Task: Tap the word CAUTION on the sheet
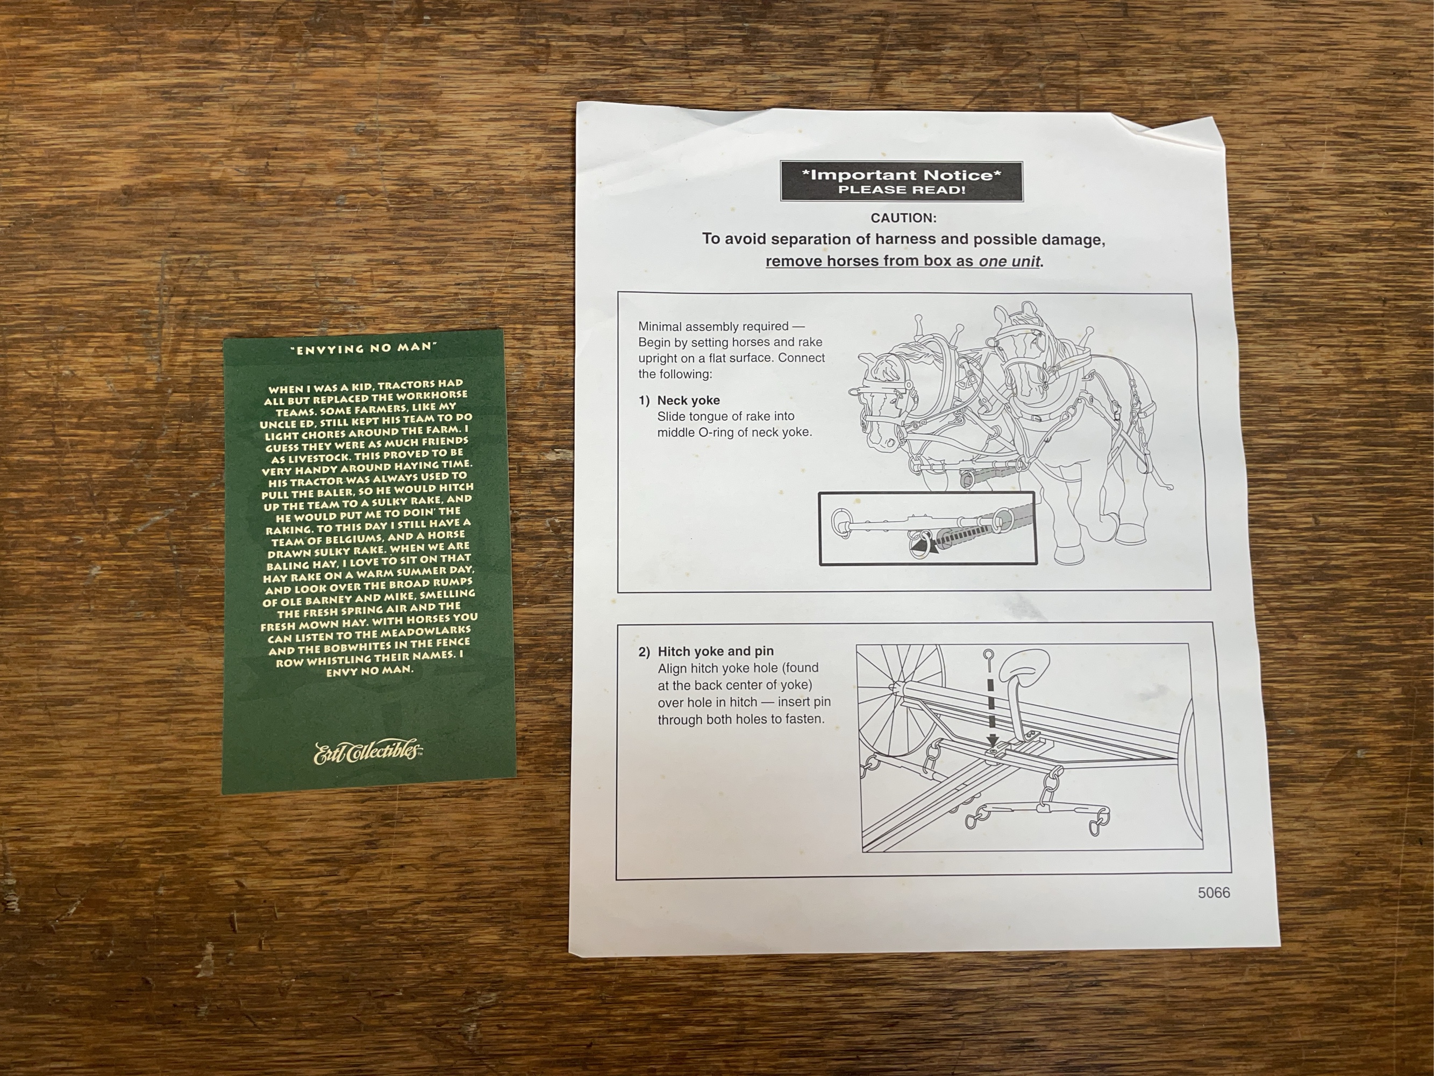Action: pos(903,218)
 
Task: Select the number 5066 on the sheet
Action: pos(1214,893)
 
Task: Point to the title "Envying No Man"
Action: pos(362,348)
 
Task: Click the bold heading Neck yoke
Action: pos(688,400)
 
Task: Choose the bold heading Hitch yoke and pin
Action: pos(716,651)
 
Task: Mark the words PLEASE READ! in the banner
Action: pos(902,190)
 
